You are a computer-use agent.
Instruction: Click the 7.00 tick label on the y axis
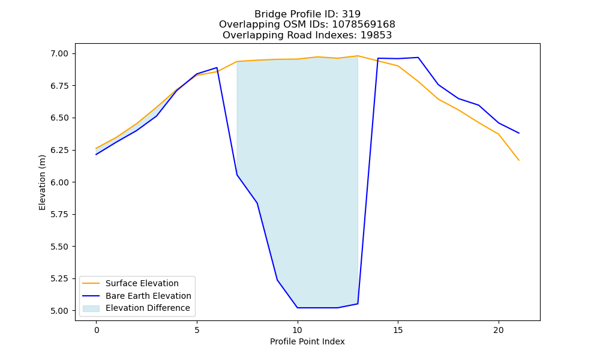pos(59,53)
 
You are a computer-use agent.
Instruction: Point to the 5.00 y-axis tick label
pos(59,311)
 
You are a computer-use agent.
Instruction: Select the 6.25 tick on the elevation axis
pos(59,150)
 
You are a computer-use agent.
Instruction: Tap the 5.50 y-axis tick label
pos(59,247)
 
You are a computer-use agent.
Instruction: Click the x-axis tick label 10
pos(298,330)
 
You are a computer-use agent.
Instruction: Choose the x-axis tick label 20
pos(498,330)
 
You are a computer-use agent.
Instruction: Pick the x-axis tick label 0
pos(97,330)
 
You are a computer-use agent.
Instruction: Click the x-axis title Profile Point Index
pos(307,341)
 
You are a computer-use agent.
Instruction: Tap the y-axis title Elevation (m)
pos(42,182)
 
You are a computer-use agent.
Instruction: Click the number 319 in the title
pos(351,14)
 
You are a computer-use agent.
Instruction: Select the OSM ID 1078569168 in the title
pos(364,25)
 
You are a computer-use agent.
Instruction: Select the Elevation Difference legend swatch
pos(91,308)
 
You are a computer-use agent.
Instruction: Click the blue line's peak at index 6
pos(217,68)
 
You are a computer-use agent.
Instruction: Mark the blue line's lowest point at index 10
pos(298,308)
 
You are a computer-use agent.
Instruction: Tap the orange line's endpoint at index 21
pos(518,160)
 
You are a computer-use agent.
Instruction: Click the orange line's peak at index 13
pos(358,56)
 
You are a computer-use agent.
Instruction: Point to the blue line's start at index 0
pos(96,155)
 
